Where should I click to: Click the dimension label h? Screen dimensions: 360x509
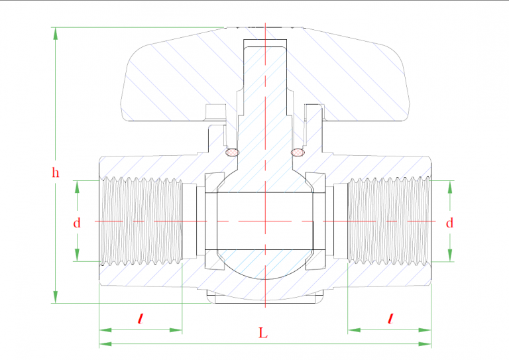tap(56, 174)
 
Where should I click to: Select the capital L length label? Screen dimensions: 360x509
tap(263, 333)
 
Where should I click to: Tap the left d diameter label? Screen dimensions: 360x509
tap(77, 223)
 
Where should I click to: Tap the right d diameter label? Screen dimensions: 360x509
tap(450, 223)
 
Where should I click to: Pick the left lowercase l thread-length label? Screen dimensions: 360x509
tap(140, 319)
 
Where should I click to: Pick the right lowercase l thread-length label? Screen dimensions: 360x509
tap(390, 319)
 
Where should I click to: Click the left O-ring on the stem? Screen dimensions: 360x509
tap(232, 152)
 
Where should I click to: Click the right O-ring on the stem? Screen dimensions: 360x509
tap(298, 152)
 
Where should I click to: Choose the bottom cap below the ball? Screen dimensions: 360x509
tap(264, 297)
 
